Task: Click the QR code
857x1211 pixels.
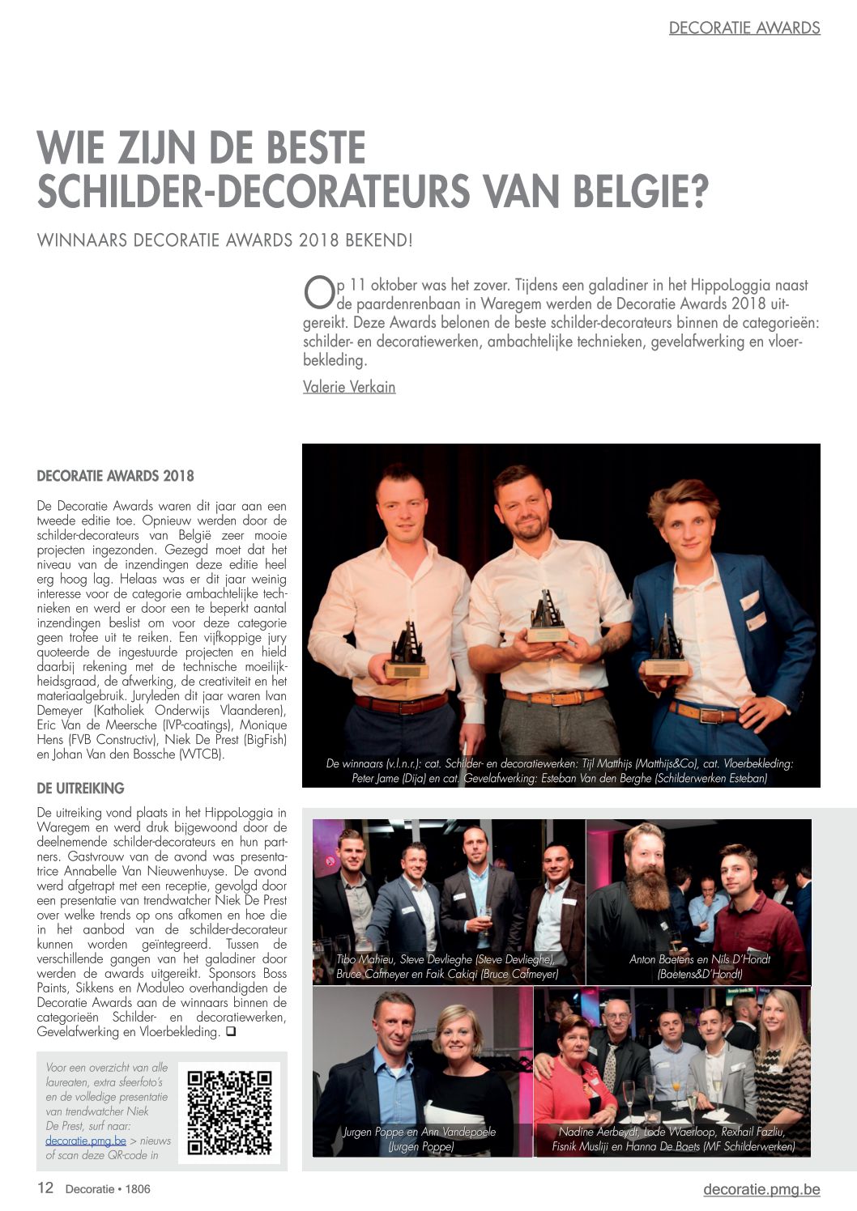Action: coord(230,1112)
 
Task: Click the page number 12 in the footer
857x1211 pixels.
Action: coord(45,1188)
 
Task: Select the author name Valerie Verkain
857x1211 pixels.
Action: coord(349,387)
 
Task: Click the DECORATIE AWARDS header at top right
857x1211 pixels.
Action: coord(744,28)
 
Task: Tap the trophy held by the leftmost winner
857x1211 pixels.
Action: coord(407,652)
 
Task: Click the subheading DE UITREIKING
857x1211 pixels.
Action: coord(81,788)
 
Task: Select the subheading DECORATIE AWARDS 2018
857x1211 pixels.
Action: coord(115,476)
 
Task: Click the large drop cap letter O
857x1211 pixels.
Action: coord(318,293)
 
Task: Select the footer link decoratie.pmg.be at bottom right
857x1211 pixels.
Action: coord(761,1189)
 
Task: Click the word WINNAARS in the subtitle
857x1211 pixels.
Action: coord(81,240)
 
